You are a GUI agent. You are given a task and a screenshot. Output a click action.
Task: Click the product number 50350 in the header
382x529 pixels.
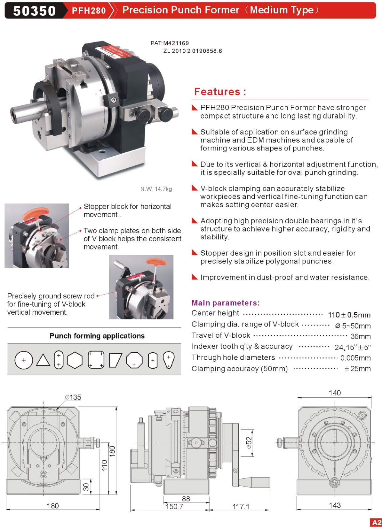(x=34, y=11)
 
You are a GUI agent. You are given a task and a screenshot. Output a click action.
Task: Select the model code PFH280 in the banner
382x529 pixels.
(x=89, y=11)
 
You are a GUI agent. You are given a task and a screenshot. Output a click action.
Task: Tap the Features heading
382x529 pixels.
(x=220, y=92)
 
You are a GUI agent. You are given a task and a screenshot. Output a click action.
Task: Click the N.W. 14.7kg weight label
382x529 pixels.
(x=156, y=189)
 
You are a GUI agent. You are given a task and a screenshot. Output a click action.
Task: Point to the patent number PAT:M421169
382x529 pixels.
(x=170, y=43)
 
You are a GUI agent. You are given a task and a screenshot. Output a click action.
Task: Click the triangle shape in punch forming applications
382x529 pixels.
(x=43, y=360)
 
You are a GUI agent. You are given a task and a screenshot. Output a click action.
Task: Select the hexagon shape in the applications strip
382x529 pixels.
(x=75, y=360)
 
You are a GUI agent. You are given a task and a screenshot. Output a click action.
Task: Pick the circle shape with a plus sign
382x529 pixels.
(x=24, y=360)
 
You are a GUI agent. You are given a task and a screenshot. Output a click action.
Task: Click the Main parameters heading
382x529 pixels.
(x=226, y=303)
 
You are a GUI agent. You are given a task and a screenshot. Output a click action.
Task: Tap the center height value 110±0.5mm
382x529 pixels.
(x=349, y=315)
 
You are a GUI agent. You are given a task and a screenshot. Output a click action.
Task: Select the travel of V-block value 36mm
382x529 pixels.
(x=361, y=336)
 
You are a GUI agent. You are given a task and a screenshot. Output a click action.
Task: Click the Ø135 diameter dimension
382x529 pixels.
(x=73, y=397)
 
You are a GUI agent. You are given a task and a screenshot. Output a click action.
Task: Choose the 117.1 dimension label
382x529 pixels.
(x=241, y=507)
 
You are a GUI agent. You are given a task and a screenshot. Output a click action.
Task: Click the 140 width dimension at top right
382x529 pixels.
(x=335, y=393)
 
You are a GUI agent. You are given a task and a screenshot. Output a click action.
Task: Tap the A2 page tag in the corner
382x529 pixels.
(x=376, y=523)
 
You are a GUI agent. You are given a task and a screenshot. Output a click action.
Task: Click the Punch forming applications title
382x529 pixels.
(x=97, y=336)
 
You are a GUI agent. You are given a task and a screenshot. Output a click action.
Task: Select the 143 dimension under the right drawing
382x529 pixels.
(x=335, y=505)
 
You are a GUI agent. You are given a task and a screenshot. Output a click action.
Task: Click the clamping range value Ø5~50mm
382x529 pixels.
(x=353, y=326)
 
